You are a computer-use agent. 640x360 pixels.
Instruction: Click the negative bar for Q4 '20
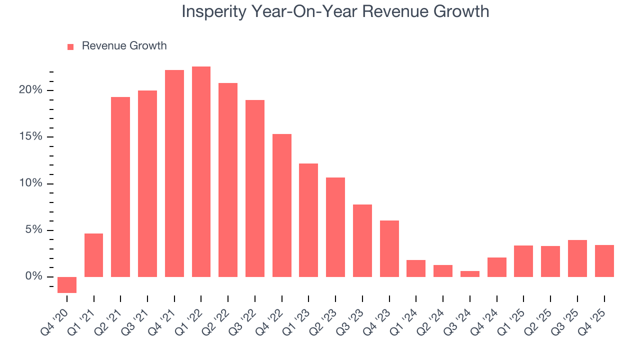tap(67, 284)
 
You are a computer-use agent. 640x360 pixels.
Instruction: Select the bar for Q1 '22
tap(201, 171)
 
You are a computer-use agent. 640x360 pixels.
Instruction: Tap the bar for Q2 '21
tap(120, 186)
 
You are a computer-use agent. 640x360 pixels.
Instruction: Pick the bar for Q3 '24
tap(470, 274)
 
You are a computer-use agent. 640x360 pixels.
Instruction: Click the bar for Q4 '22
tap(282, 205)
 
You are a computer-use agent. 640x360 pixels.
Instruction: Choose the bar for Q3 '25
tap(577, 258)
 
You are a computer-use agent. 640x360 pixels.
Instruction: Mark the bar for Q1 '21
tap(93, 255)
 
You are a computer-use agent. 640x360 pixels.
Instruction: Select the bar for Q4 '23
tap(389, 248)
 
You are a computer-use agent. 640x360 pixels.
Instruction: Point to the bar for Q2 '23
tap(335, 227)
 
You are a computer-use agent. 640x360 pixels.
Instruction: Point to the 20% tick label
tap(30, 90)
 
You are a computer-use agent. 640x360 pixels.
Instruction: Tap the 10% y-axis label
tap(30, 183)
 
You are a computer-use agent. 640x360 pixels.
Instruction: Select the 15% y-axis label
tap(30, 137)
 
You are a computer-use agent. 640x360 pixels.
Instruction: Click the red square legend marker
tap(70, 46)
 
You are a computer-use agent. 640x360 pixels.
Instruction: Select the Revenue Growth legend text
tap(124, 46)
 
